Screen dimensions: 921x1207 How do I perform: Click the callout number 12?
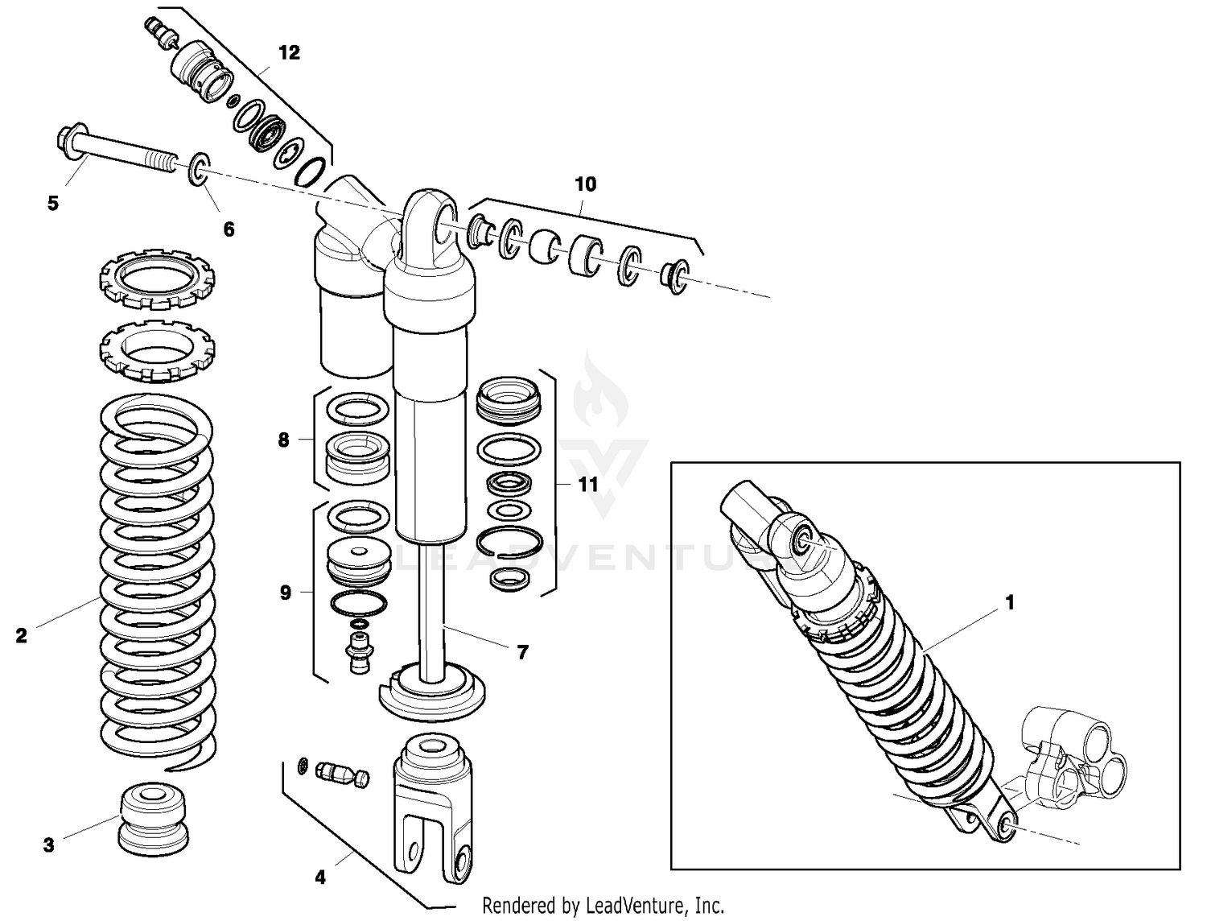(289, 53)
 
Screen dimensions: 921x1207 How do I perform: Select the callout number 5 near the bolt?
(53, 203)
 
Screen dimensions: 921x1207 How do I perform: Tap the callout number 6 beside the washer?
(229, 229)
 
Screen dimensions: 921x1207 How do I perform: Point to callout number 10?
(586, 184)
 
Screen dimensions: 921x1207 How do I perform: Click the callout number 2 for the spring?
(22, 636)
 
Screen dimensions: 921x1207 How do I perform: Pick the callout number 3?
(49, 845)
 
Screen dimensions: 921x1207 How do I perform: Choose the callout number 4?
(320, 878)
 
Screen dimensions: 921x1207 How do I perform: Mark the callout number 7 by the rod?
(523, 652)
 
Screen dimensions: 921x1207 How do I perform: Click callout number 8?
(283, 440)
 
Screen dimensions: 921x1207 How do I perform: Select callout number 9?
(285, 593)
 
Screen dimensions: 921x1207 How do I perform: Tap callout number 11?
(588, 485)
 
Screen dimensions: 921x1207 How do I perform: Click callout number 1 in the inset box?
(1011, 602)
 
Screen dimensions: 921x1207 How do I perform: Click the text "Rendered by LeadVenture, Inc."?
(603, 906)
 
